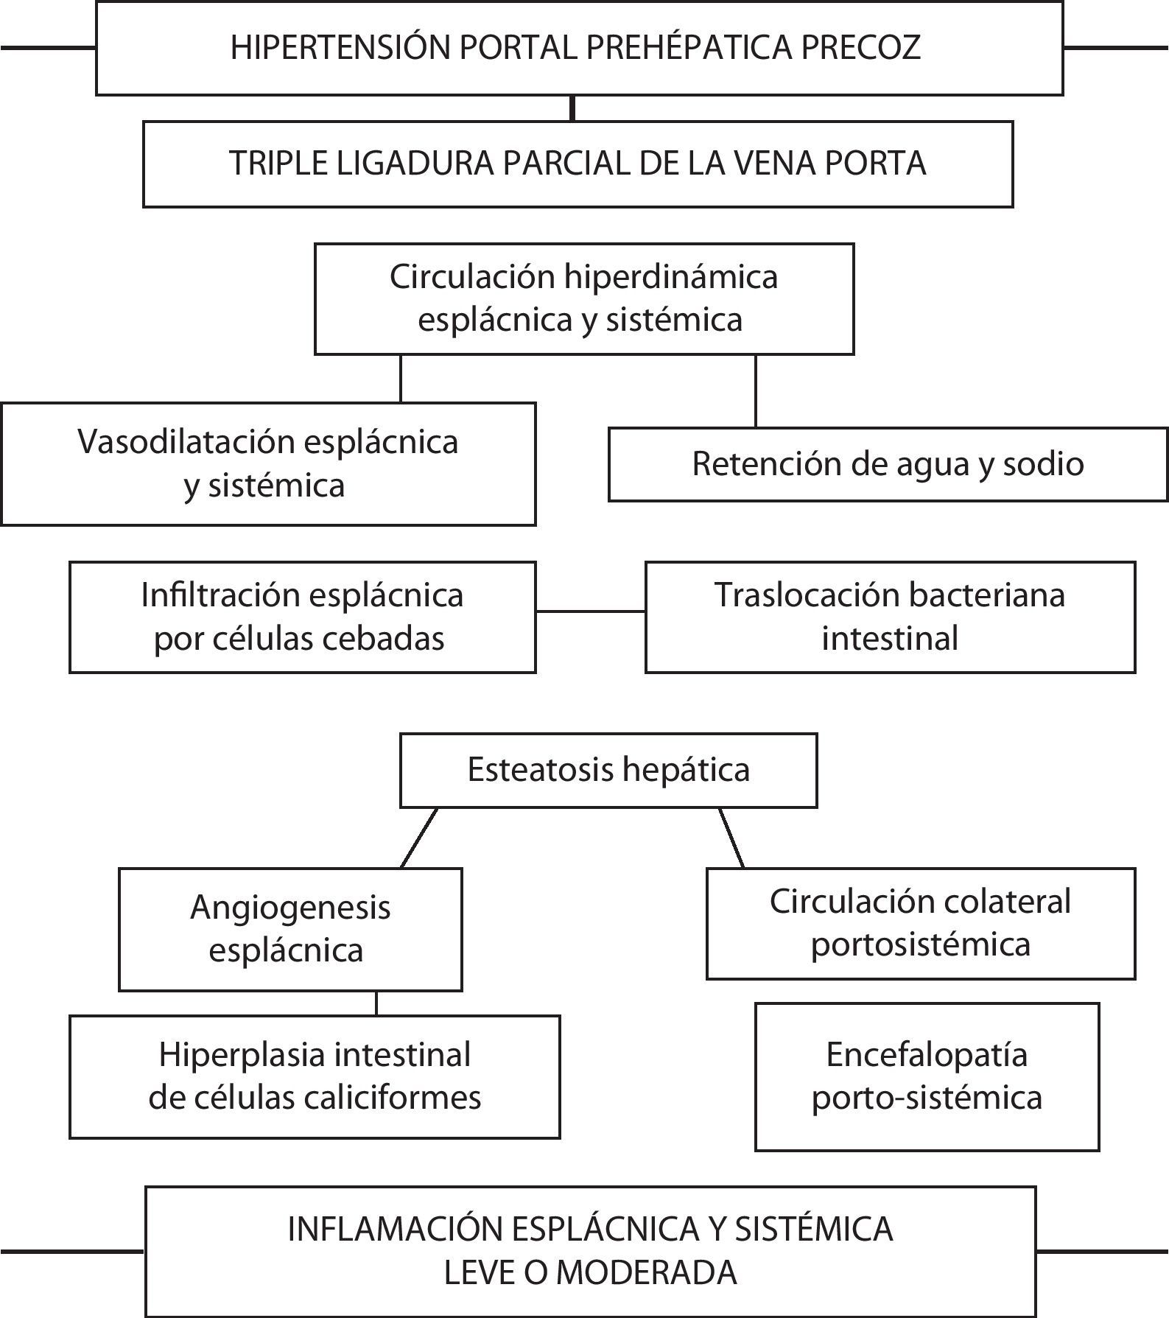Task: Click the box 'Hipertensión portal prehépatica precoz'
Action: click(x=579, y=49)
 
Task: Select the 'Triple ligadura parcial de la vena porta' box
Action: click(x=578, y=164)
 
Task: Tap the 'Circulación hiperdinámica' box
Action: click(x=583, y=298)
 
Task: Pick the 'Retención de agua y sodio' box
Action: click(x=888, y=464)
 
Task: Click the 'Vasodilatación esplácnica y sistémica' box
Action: click(x=268, y=463)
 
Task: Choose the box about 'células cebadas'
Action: click(x=302, y=617)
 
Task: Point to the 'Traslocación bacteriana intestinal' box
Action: click(x=890, y=617)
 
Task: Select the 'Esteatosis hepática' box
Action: click(x=608, y=770)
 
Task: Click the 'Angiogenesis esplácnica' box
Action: click(x=290, y=928)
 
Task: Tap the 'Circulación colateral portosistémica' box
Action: click(x=921, y=923)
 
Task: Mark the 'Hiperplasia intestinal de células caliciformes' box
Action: click(x=315, y=1076)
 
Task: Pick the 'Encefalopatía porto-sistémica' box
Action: click(x=927, y=1076)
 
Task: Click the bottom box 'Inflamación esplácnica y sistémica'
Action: click(x=590, y=1251)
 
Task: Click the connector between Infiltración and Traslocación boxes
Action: click(x=590, y=611)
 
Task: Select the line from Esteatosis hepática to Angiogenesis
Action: click(x=419, y=838)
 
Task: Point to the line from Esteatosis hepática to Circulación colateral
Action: click(x=731, y=838)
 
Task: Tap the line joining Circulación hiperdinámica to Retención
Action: click(x=756, y=391)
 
